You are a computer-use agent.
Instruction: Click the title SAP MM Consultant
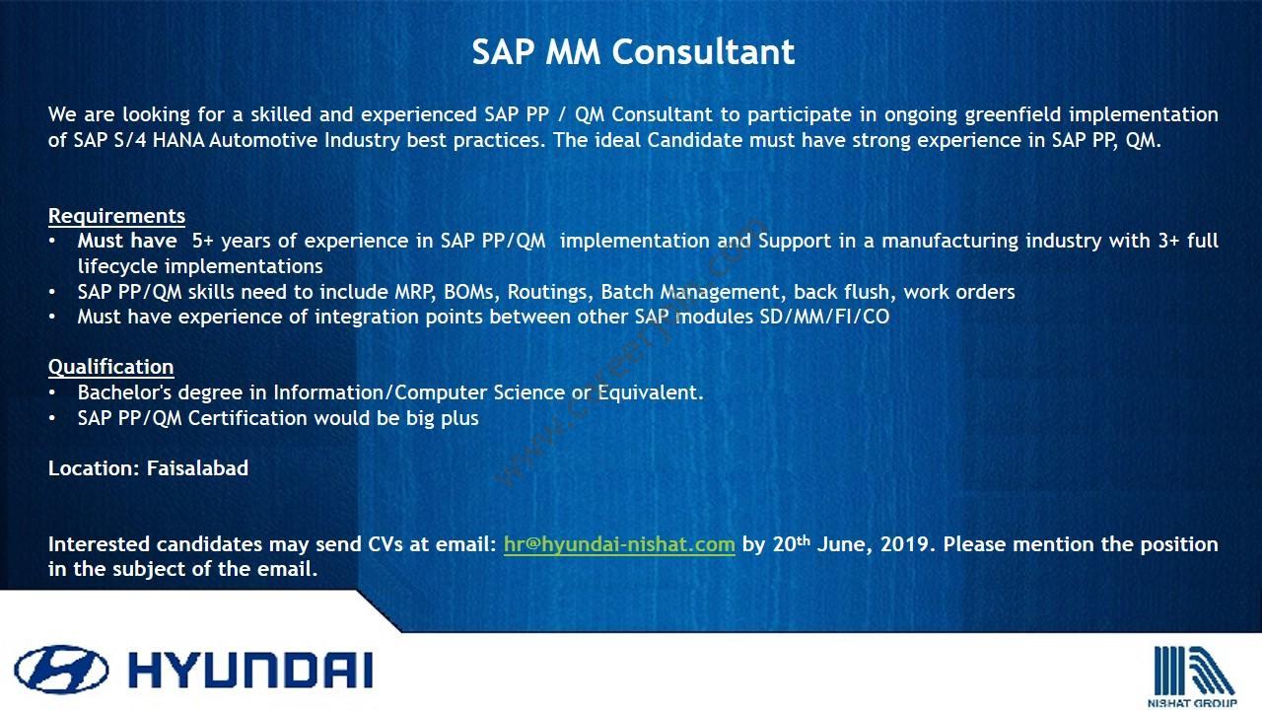(633, 52)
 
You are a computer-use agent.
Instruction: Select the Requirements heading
(116, 216)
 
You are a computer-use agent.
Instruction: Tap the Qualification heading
(111, 367)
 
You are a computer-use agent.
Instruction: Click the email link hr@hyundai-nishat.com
(619, 544)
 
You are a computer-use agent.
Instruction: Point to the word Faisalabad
(197, 468)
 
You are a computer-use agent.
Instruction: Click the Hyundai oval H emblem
(61, 670)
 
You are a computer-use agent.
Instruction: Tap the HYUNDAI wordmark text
(250, 670)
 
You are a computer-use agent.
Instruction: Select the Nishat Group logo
(1192, 676)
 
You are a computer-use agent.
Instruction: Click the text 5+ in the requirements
(203, 242)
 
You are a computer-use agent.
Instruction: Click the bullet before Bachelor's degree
(52, 392)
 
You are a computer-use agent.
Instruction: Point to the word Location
(92, 468)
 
